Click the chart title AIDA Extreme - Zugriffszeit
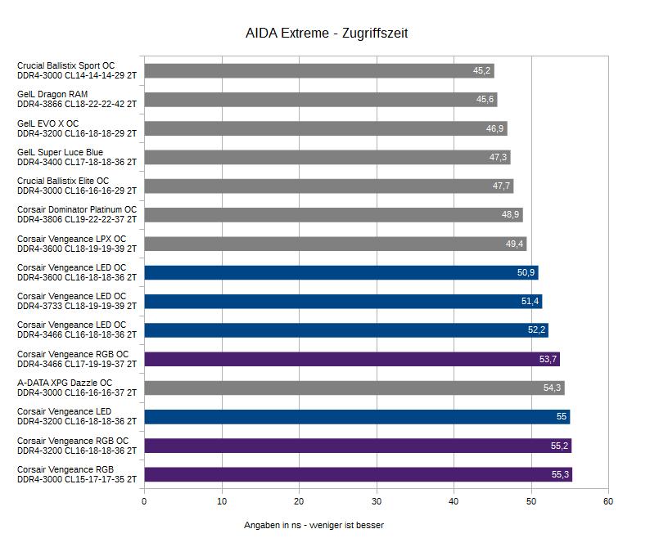(327, 34)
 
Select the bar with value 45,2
(318, 71)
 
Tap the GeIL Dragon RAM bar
(320, 100)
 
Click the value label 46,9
(494, 129)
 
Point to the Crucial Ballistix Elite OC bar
(328, 186)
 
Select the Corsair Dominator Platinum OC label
(77, 215)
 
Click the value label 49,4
(515, 244)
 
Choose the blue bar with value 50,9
(341, 273)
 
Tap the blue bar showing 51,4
(342, 302)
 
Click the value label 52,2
(536, 330)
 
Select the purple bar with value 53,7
(351, 359)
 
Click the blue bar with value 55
(356, 417)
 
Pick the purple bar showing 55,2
(357, 446)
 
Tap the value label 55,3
(560, 475)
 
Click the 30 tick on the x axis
(377, 501)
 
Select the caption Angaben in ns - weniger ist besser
(314, 525)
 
